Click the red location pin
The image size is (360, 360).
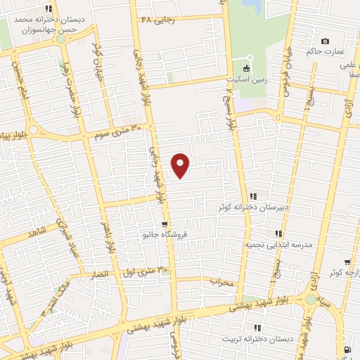pos(181,165)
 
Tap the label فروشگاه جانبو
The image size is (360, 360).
pos(165,233)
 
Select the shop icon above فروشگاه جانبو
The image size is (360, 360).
pos(165,225)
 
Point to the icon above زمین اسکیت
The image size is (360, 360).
pos(246,69)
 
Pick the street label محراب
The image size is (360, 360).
pos(221,281)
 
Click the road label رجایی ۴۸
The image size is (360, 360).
pos(157,19)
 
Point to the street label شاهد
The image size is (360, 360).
pos(34,232)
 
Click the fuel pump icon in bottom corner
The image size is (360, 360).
pos(347,349)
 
